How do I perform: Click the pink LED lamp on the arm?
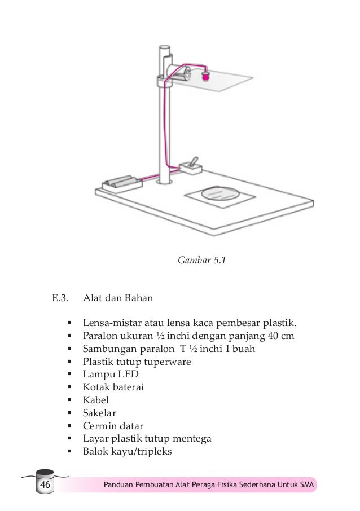click(x=205, y=73)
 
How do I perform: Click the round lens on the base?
click(x=219, y=193)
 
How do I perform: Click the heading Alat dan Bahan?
click(x=118, y=297)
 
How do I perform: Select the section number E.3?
click(x=60, y=297)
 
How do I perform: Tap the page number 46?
click(x=44, y=485)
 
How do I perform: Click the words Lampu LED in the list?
click(x=111, y=375)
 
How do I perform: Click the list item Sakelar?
click(x=100, y=413)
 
